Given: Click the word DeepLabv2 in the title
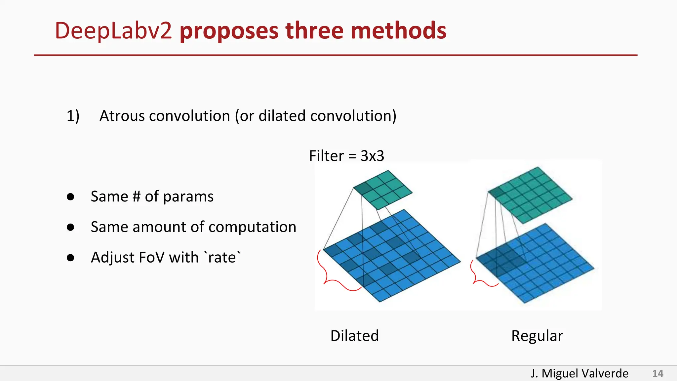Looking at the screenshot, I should click(113, 31).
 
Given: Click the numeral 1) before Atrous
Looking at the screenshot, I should click(73, 116).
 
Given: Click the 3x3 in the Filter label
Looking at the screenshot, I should click(372, 156).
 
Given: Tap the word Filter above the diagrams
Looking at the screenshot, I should click(326, 156).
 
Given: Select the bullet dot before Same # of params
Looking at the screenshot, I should click(70, 197).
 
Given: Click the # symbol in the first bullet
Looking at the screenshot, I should click(137, 197).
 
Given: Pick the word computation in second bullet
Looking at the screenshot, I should click(252, 227).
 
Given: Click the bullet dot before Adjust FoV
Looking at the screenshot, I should click(70, 258).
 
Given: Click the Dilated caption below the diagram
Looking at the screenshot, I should click(354, 336).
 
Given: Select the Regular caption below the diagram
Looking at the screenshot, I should click(537, 336).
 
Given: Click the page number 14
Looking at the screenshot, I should click(657, 374).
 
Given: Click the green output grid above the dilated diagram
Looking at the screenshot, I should click(383, 190).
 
